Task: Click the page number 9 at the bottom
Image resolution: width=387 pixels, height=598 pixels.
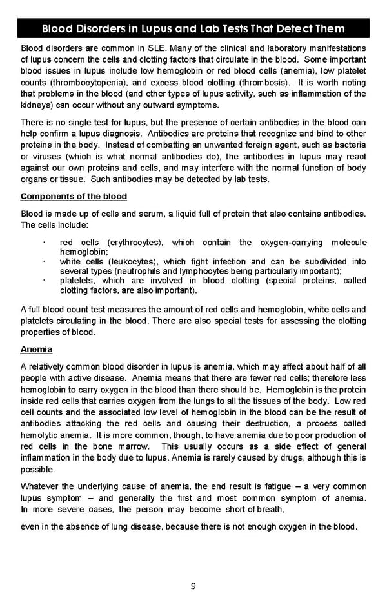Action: point(193,586)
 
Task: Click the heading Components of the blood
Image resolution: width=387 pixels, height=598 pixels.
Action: point(74,196)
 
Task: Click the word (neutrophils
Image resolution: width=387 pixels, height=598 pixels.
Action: point(144,271)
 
